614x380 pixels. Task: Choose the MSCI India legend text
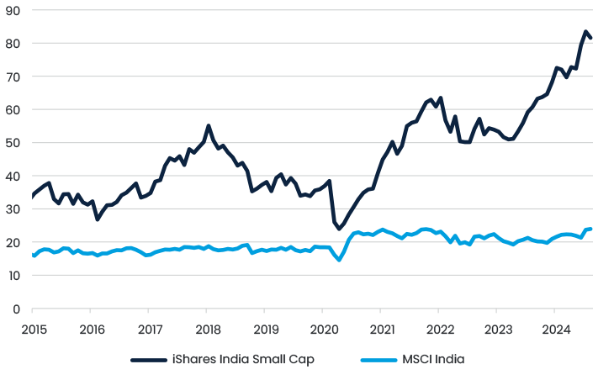[433, 359]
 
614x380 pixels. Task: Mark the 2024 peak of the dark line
[585, 32]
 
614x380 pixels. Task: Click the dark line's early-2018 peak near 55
[209, 126]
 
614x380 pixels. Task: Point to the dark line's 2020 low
[340, 229]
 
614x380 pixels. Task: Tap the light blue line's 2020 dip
[339, 260]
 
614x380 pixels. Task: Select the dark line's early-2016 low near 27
[98, 219]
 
